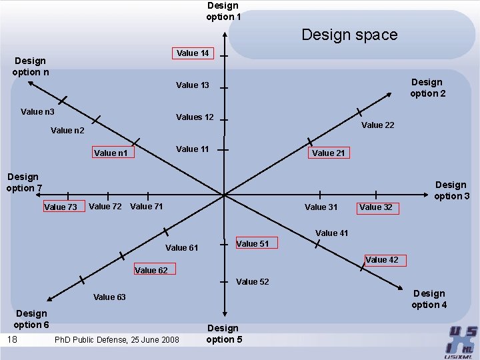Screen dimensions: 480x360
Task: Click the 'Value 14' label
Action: point(193,53)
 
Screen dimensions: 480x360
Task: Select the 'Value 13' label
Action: point(193,85)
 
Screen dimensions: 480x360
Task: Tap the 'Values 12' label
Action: point(195,117)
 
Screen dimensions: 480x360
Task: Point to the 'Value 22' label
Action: point(377,125)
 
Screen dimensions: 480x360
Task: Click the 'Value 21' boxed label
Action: point(328,153)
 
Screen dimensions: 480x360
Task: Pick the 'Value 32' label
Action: point(376,207)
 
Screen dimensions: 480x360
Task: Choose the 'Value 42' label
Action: point(382,260)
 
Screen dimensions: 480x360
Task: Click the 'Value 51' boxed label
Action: point(253,244)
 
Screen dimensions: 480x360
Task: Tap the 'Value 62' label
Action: point(151,271)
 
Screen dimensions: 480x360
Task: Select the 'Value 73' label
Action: point(60,207)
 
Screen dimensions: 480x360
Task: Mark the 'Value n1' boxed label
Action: point(111,153)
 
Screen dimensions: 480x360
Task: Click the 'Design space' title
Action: point(349,35)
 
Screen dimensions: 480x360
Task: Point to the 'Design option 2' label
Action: point(427,87)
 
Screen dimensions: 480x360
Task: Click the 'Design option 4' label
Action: point(429,299)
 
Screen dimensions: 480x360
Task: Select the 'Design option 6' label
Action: point(32,319)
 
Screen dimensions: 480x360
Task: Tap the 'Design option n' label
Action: point(30,66)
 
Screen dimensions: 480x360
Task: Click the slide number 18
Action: point(12,340)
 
